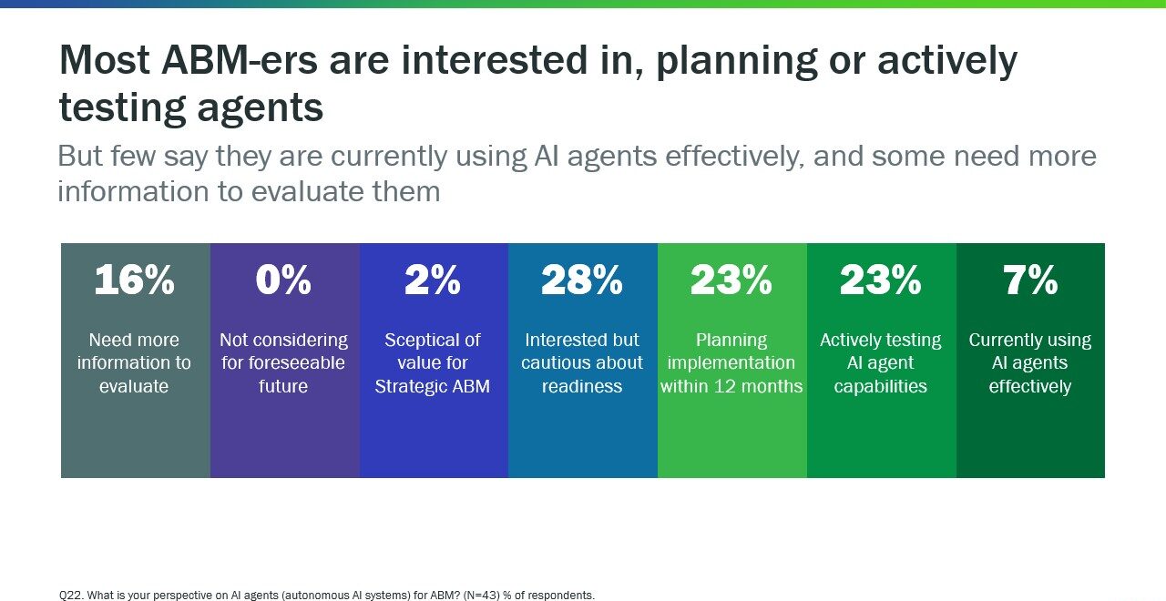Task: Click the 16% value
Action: click(134, 281)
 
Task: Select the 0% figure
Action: click(283, 281)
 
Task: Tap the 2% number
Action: click(433, 281)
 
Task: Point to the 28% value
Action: click(582, 281)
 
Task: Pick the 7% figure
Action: click(1030, 281)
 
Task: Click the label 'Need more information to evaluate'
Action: click(134, 362)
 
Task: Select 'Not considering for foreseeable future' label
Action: click(283, 362)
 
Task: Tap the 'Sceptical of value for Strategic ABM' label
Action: click(433, 362)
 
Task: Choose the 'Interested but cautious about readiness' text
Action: click(582, 362)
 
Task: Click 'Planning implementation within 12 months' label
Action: click(731, 362)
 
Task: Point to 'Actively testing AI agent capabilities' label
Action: click(881, 362)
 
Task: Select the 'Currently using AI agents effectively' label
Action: click(1030, 362)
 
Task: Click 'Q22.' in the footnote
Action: click(71, 595)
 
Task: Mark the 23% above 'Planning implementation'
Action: click(731, 281)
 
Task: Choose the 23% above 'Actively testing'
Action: click(881, 281)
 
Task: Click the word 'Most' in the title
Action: click(102, 61)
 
